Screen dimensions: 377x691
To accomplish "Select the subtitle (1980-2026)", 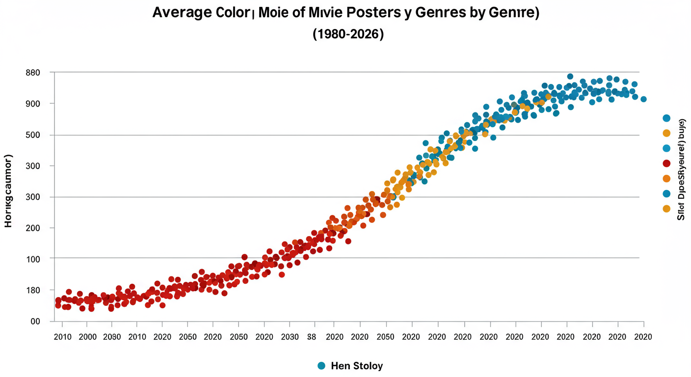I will [x=347, y=34].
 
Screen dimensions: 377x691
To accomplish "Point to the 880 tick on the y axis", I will [x=32, y=73].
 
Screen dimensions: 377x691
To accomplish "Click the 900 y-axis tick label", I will [x=32, y=104].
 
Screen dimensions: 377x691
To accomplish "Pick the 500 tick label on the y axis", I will [x=32, y=135].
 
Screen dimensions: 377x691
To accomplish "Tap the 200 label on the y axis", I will [x=32, y=228].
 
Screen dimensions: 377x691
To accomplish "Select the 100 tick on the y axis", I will [x=32, y=259].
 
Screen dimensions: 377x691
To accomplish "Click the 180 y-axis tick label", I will [x=32, y=290].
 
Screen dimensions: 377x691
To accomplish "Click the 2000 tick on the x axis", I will [x=87, y=337].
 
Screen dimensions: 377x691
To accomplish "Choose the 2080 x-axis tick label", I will [x=111, y=337].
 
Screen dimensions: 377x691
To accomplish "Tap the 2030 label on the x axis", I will [x=289, y=337].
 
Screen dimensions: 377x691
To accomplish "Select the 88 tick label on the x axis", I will [x=311, y=337].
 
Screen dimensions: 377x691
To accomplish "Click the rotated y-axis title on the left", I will [x=8, y=190].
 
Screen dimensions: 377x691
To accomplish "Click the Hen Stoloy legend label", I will [x=357, y=366].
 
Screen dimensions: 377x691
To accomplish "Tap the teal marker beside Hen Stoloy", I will [x=321, y=366].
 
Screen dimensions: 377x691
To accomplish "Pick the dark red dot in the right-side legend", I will [x=666, y=163].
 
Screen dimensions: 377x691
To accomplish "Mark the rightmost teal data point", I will [x=643, y=99].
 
